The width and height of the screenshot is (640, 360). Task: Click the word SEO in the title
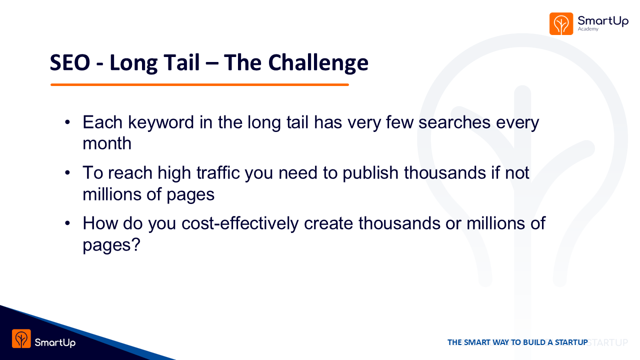70,62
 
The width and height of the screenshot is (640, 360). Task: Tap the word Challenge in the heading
318,63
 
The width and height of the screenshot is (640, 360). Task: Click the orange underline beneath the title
199,84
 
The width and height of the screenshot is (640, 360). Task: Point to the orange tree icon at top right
561,23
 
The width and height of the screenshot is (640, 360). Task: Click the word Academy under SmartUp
588,29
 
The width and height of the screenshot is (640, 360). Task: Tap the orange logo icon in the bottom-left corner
21,338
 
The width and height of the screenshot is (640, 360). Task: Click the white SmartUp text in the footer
55,342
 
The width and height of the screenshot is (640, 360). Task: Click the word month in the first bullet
107,143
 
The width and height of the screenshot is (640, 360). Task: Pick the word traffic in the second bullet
217,173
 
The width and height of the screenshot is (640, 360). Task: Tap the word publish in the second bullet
370,173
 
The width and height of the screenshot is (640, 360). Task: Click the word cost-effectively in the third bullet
240,223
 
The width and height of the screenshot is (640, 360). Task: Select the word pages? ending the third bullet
111,245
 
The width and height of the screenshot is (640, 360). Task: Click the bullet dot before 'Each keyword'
67,122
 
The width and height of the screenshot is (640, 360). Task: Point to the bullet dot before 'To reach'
67,173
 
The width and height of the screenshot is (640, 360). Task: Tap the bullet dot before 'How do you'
67,223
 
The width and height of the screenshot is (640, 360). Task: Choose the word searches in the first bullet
454,122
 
